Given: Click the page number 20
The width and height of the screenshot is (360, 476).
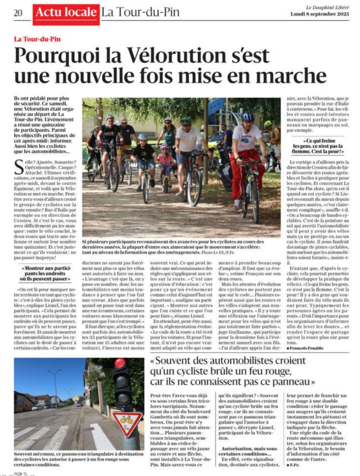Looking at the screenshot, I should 18,13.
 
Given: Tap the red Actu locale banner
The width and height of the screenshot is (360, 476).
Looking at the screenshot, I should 66,13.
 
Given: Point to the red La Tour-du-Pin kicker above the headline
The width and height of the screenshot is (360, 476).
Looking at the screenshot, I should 37,39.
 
